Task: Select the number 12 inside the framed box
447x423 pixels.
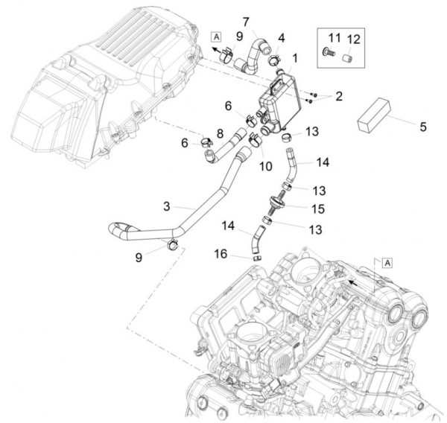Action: pos(353,38)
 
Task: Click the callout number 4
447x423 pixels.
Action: pos(282,36)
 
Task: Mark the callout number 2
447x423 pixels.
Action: pos(337,96)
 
